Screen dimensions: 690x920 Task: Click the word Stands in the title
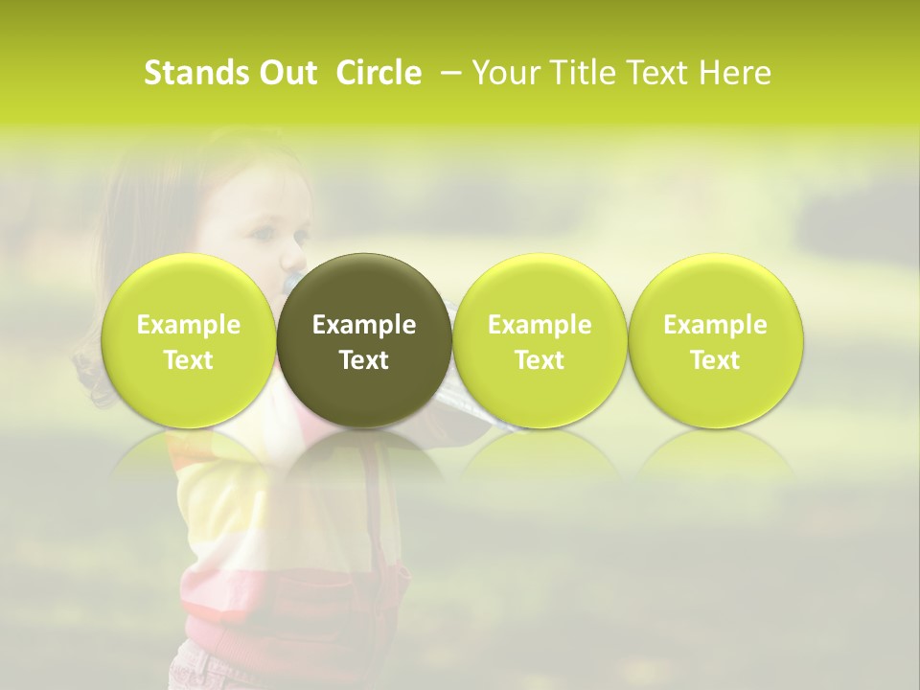[190, 73]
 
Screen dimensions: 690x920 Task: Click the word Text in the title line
[655, 73]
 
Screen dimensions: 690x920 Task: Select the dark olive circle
[364, 340]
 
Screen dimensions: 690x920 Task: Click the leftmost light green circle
[188, 340]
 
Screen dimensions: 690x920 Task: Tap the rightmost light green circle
[715, 340]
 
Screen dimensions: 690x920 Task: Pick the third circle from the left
[540, 340]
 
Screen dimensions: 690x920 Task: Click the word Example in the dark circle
[364, 325]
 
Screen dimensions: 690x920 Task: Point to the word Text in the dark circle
[364, 360]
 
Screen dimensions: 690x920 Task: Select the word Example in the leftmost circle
[188, 325]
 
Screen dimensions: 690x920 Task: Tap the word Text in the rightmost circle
[715, 360]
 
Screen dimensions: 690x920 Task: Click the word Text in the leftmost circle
[188, 360]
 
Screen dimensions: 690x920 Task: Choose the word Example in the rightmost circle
[715, 325]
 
